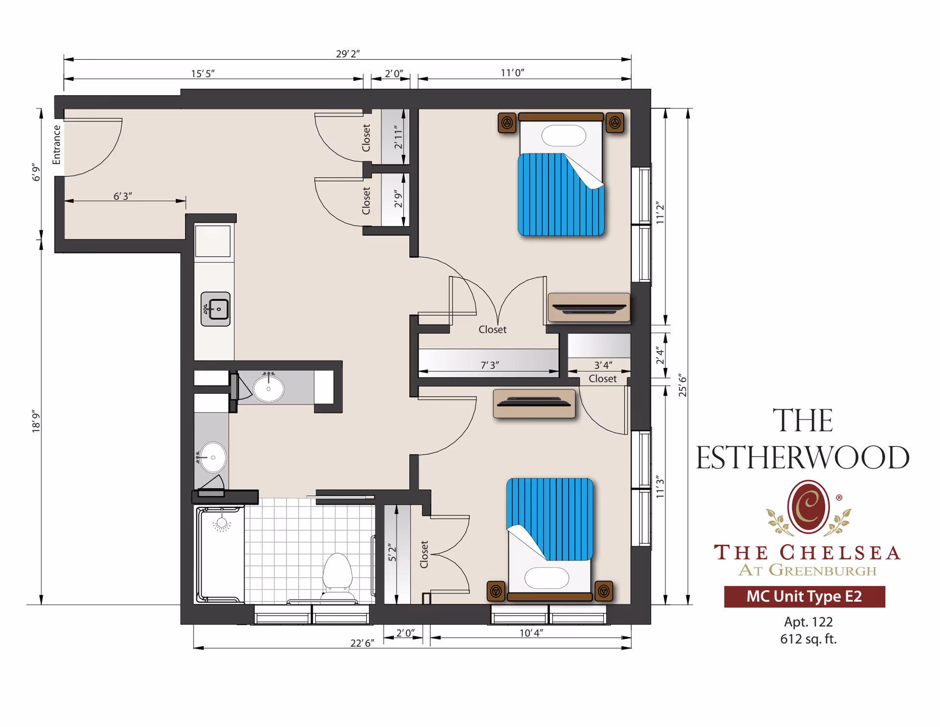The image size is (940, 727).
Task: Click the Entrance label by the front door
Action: click(x=57, y=145)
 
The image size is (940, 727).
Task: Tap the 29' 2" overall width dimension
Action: click(x=348, y=53)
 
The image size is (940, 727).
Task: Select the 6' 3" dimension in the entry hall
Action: click(x=122, y=196)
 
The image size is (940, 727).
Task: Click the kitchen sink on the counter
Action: click(x=215, y=309)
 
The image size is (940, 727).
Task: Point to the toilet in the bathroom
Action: click(x=338, y=573)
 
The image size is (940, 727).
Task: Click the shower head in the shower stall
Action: click(x=222, y=523)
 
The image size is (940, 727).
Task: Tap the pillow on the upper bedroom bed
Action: click(x=564, y=136)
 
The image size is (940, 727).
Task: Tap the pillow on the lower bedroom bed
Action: click(x=546, y=578)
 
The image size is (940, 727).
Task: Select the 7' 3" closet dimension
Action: click(x=490, y=365)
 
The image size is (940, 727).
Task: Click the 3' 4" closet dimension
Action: click(x=603, y=365)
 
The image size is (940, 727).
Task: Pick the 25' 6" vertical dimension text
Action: click(x=682, y=385)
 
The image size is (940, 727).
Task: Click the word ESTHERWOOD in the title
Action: click(x=802, y=458)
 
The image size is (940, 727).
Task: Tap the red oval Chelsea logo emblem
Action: click(x=808, y=507)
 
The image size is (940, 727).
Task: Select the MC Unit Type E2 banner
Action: click(x=804, y=596)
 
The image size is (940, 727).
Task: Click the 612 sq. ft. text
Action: click(x=808, y=639)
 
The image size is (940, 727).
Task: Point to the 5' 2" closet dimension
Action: click(x=392, y=552)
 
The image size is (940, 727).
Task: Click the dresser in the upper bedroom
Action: click(x=589, y=308)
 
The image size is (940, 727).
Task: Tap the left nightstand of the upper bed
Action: click(x=507, y=122)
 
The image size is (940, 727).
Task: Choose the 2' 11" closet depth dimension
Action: click(x=398, y=137)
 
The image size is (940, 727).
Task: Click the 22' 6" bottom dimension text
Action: click(x=362, y=643)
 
